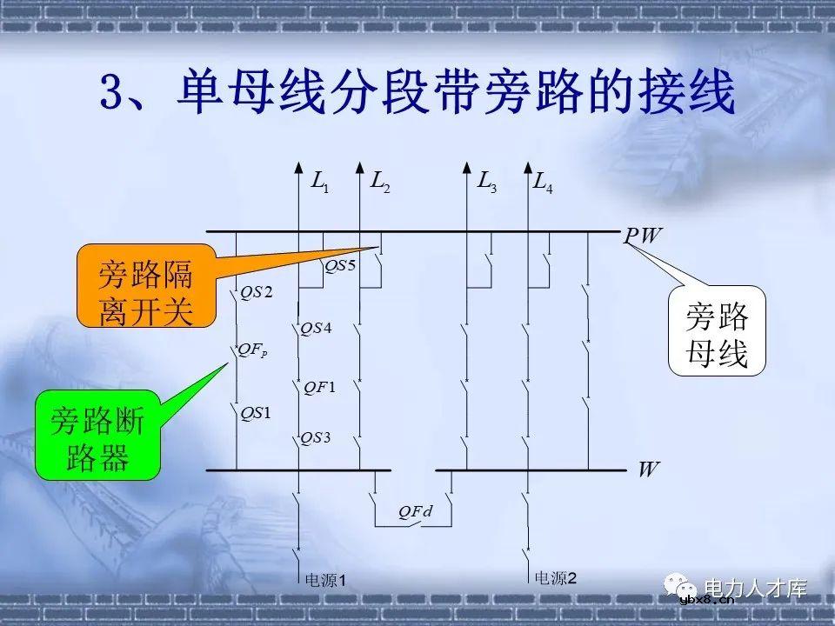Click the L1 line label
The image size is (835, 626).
[x=319, y=183]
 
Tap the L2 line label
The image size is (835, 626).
[x=380, y=183]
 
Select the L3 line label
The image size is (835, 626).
[x=486, y=183]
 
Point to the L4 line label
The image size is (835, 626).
[x=543, y=183]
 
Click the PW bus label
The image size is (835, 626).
[x=642, y=236]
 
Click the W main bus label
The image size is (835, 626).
[x=648, y=470]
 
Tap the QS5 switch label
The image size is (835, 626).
[x=340, y=266]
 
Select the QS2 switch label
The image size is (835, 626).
[x=257, y=292]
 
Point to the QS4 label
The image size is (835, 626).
[x=316, y=329]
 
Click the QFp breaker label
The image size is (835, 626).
[x=254, y=350]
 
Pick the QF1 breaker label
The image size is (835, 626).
[x=319, y=387]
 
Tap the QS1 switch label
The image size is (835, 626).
[x=256, y=412]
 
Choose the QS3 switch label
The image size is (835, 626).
[x=316, y=438]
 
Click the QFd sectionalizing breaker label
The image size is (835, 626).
[x=416, y=512]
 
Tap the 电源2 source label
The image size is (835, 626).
[x=555, y=576]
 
